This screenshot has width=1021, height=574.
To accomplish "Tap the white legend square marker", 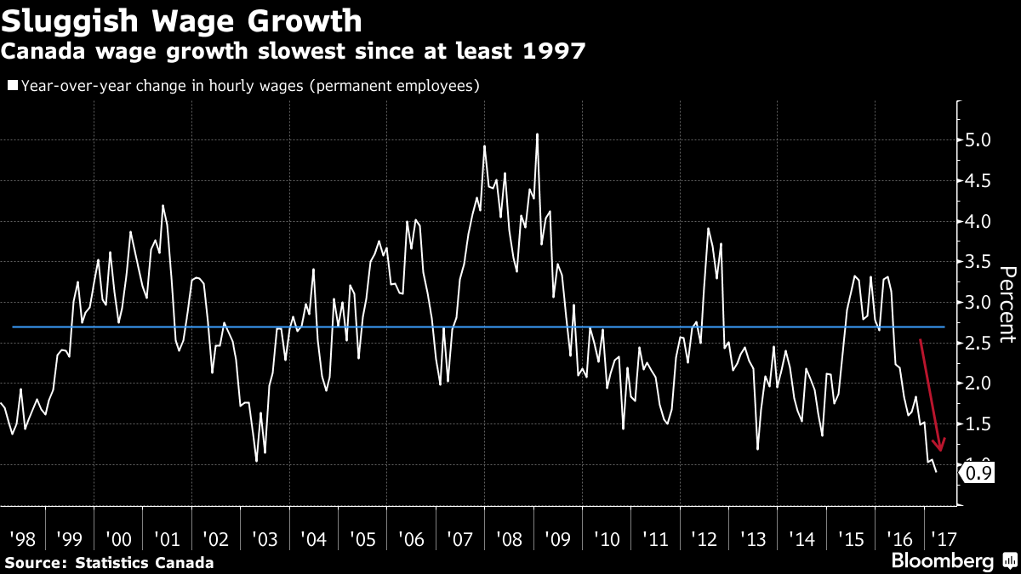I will pyautogui.click(x=13, y=85).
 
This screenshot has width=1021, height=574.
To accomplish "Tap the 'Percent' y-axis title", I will pyautogui.click(x=1007, y=304).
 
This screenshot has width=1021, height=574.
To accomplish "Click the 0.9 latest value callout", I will pyautogui.click(x=982, y=474).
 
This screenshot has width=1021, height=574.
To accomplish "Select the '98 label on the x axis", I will pyautogui.click(x=22, y=539).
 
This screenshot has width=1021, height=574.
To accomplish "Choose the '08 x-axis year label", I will pyautogui.click(x=509, y=539).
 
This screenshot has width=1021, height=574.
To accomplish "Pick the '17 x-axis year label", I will pyautogui.click(x=942, y=539).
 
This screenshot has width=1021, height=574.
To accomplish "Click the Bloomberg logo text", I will pyautogui.click(x=942, y=561).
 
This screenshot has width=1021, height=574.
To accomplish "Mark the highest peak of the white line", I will pyautogui.click(x=537, y=134).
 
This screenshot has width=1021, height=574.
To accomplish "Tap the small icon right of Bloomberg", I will pyautogui.click(x=1009, y=561).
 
